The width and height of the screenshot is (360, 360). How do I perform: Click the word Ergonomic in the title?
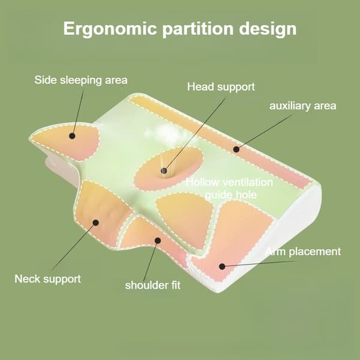coord(110,29)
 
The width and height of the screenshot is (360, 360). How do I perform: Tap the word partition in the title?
coord(198,29)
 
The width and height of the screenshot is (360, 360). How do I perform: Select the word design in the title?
coord(268,29)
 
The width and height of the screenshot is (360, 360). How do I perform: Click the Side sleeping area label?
coord(81,80)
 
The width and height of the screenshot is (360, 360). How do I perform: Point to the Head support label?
coord(221,87)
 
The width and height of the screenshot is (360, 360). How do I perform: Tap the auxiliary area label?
coord(302,106)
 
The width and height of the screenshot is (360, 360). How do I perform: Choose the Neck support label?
coord(48,279)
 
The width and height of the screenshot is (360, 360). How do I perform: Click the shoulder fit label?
coord(152,285)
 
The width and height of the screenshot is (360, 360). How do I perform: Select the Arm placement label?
coord(303,251)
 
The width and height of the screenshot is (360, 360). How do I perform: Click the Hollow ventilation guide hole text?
coord(229,188)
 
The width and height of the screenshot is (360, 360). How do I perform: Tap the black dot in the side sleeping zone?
coord(72,136)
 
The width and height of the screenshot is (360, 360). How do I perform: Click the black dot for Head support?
coord(164,171)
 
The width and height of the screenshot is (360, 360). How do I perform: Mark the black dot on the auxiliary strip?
coord(236,149)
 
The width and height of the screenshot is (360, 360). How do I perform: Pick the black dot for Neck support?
coord(96,223)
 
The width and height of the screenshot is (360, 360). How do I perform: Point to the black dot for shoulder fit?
coord(158,241)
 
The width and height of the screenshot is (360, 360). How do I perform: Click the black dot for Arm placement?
coord(222,266)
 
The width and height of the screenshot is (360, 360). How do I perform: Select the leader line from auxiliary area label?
coord(264,132)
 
